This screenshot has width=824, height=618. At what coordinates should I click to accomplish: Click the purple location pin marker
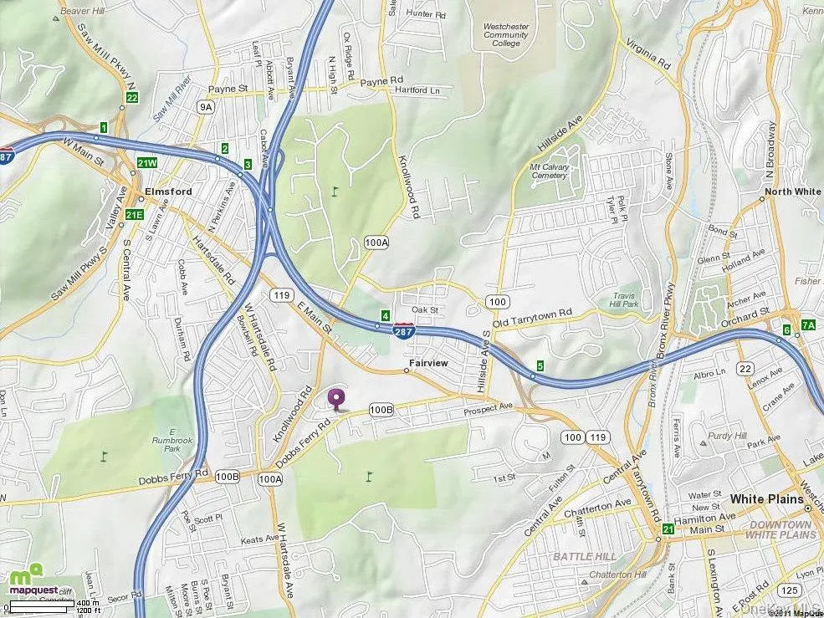point(337,399)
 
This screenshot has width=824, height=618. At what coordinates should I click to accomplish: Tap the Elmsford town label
point(168,192)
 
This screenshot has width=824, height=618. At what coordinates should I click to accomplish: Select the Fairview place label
point(429,364)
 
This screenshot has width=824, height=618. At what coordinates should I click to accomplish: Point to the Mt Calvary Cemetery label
point(549,171)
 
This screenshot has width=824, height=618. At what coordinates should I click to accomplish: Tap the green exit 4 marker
point(385,315)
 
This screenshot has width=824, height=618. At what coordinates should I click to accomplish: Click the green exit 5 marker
point(540,365)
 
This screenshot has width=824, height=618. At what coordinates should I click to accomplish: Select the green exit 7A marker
point(807,324)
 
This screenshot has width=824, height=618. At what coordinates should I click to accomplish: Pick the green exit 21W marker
point(147,162)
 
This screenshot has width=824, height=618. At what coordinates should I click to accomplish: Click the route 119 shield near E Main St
point(280,295)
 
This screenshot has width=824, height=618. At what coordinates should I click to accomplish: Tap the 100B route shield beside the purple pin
point(381,410)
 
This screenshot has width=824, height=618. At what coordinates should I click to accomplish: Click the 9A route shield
point(206,107)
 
